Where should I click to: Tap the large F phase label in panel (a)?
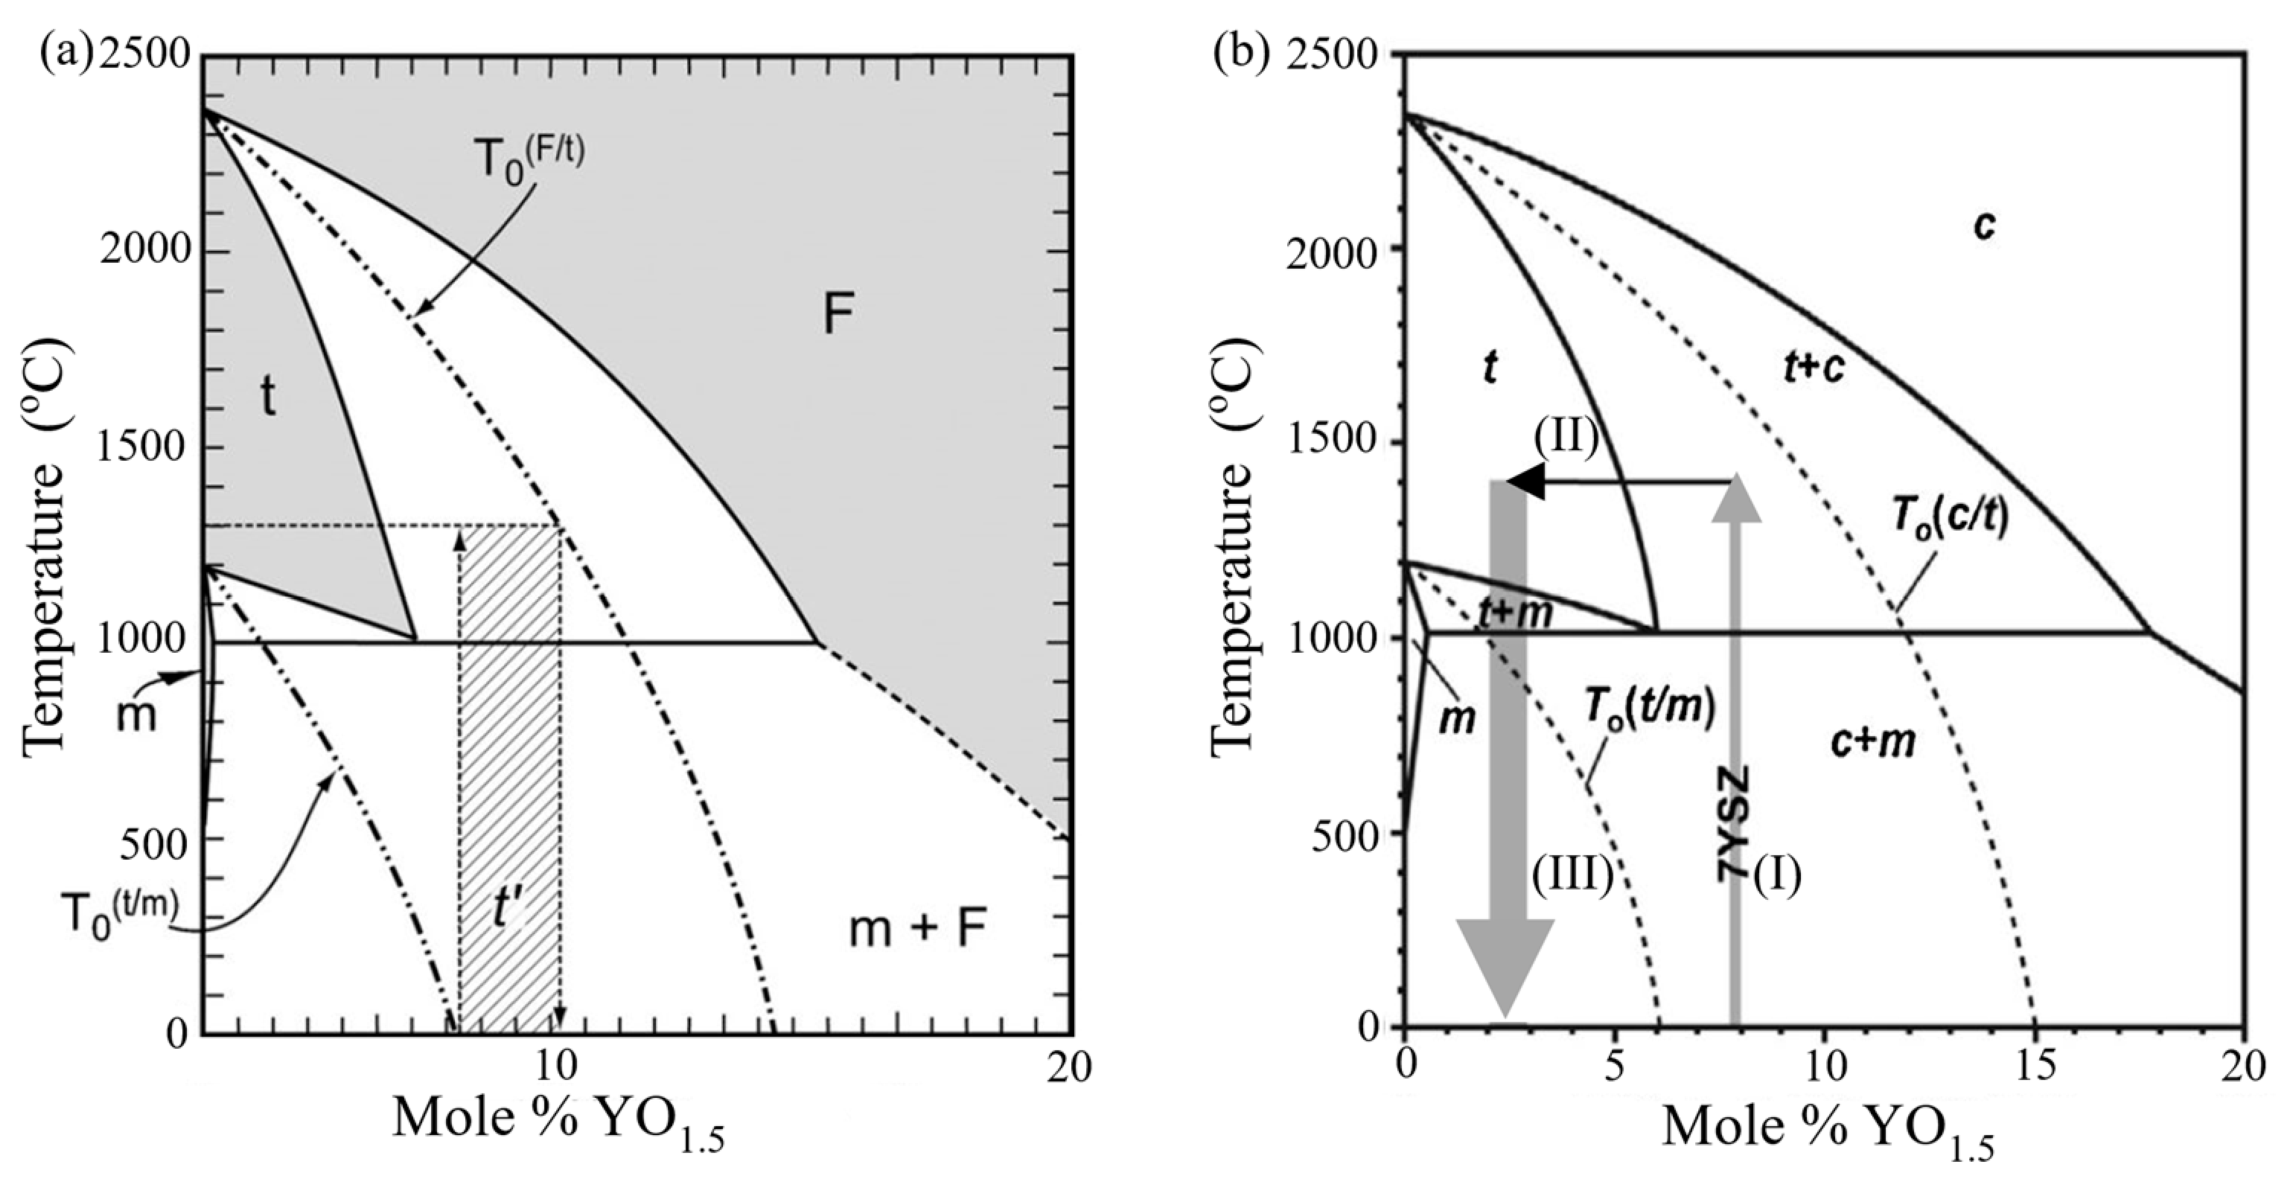[x=838, y=314]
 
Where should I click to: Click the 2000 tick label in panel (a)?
[x=146, y=250]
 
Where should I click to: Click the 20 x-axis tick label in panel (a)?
[x=1068, y=1069]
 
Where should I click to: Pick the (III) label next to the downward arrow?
[x=1572, y=875]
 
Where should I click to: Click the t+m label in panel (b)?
[x=1516, y=613]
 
